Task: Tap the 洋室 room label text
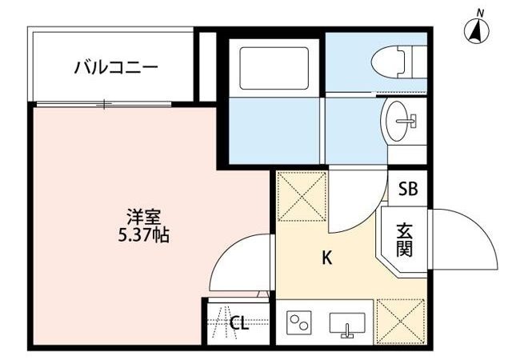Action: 145,216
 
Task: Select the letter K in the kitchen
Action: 326,258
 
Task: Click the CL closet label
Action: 239,323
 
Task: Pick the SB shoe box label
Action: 408,190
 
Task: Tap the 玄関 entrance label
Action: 405,238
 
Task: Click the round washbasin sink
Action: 399,122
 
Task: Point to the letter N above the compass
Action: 480,11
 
